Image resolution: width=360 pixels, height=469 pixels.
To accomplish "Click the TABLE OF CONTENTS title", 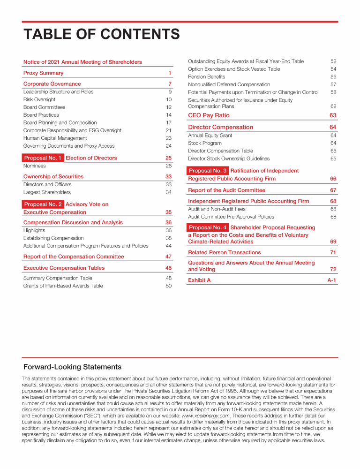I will tap(102, 34).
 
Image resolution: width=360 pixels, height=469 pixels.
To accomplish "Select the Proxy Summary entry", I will tap(43, 73).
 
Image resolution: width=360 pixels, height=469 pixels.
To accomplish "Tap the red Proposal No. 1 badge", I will tap(43, 158).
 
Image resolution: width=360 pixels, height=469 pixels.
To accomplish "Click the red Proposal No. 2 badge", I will tap(43, 204).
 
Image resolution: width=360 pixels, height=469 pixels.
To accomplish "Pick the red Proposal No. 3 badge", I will tap(208, 171).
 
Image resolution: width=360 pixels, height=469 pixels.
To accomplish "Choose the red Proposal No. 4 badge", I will tap(208, 227).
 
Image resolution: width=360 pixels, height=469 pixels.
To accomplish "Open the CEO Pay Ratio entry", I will tap(209, 115).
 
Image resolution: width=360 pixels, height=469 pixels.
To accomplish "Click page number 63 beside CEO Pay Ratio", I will tap(333, 115).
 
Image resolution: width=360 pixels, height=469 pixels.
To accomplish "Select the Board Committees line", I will tap(45, 107).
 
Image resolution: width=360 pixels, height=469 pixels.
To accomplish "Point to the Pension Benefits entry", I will tap(206, 77).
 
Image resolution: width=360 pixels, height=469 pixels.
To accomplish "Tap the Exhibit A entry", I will tap(199, 280).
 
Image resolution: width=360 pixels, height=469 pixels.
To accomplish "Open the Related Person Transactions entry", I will tap(224, 252).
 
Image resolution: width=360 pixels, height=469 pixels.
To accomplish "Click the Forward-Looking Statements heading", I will tap(72, 367).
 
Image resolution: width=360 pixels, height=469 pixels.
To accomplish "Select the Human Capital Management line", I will tap(55, 138).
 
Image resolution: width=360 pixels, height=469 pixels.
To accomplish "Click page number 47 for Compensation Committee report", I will tap(168, 257).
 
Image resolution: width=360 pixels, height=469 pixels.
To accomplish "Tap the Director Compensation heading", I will tap(220, 127).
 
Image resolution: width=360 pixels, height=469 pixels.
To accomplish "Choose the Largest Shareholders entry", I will tap(47, 192).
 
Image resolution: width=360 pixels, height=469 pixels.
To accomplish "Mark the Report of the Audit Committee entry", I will tap(226, 190).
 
